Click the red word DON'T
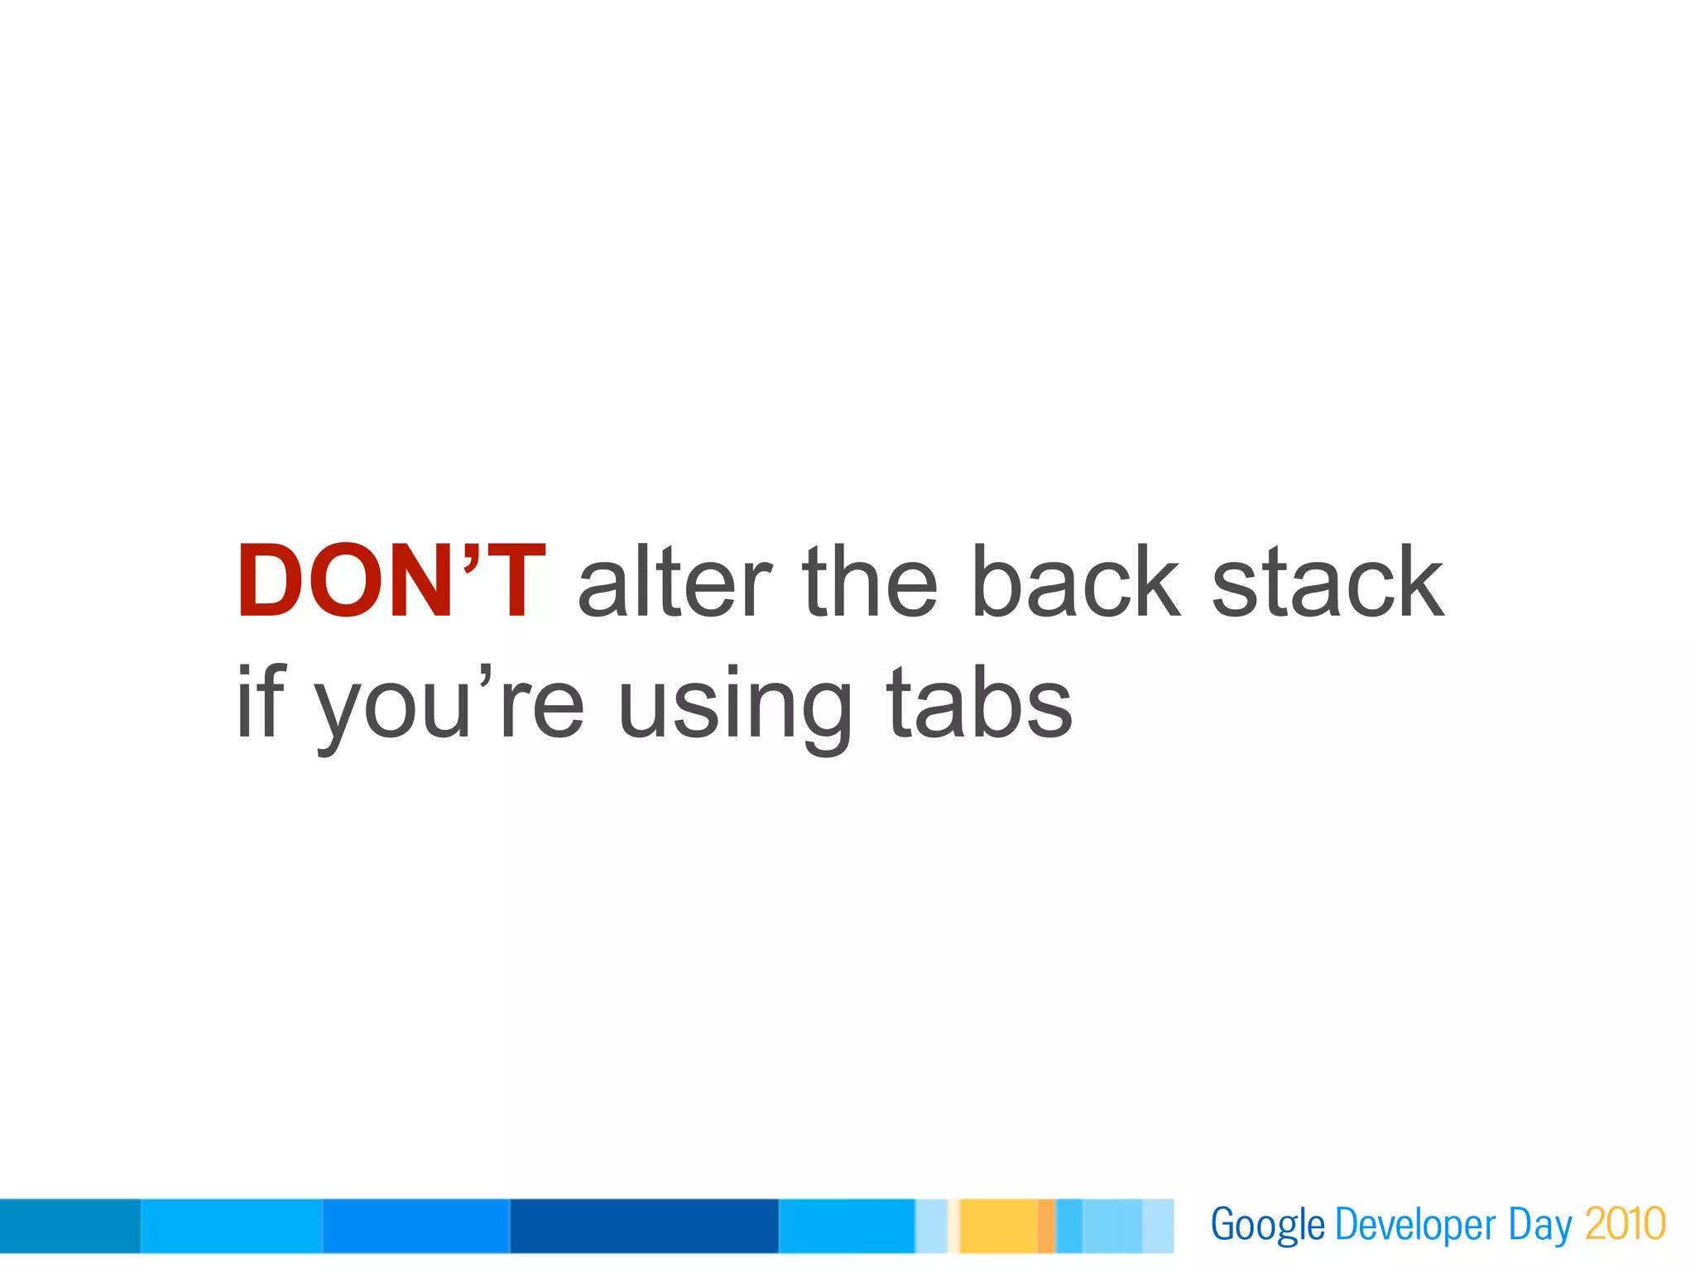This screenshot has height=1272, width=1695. [391, 581]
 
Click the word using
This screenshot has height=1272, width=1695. [734, 708]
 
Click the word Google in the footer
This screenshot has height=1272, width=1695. [1267, 1225]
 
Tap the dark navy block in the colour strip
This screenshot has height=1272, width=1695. [644, 1226]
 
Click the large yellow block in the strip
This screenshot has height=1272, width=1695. [998, 1226]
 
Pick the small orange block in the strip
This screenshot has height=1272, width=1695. [1046, 1226]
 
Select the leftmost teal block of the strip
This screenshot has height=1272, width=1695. [70, 1226]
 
